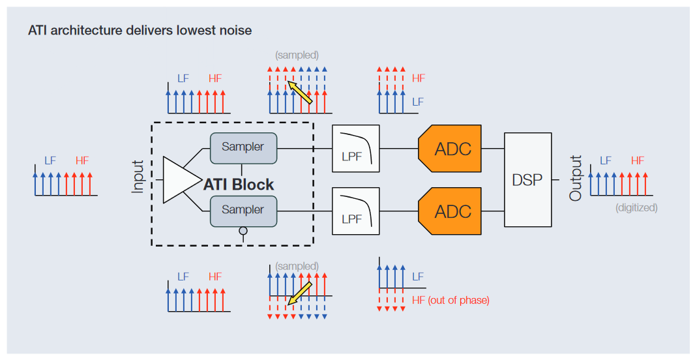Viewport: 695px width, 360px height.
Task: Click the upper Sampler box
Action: (x=243, y=147)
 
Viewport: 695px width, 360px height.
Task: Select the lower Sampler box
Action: (x=243, y=210)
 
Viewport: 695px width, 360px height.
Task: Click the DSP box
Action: (x=527, y=179)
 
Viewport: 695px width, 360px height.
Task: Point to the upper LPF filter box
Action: (x=355, y=149)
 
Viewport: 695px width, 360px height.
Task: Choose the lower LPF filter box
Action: (x=355, y=211)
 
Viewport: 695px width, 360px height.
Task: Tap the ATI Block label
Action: (x=239, y=185)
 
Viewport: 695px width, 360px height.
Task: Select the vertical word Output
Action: (x=576, y=177)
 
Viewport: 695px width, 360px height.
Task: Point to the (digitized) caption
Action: (x=636, y=208)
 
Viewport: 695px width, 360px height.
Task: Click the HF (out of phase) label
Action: (x=451, y=300)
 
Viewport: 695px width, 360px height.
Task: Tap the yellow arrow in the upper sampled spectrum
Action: (x=300, y=93)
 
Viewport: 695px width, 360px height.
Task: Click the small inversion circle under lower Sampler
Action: (x=243, y=230)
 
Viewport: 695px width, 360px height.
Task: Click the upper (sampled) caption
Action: (x=297, y=55)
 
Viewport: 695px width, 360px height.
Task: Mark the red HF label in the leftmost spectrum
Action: (x=82, y=160)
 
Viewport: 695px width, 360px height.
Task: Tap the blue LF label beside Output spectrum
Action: (x=606, y=160)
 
